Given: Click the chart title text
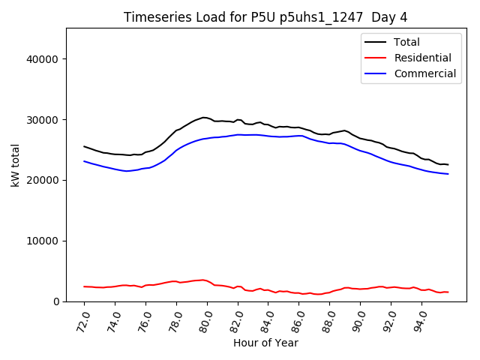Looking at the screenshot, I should (265, 17).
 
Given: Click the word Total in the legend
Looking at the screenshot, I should (407, 42).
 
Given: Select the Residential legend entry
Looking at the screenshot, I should (422, 58).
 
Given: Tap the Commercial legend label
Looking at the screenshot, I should (424, 73).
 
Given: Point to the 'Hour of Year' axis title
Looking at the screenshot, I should (265, 343).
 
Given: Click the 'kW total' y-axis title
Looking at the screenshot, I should (16, 165).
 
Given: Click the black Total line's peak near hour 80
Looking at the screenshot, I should (204, 117).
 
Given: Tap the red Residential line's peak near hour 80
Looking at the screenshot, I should (202, 280).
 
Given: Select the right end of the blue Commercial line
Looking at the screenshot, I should (448, 174).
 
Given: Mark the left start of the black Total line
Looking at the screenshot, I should (84, 146).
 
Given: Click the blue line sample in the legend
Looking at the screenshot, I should (378, 73).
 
